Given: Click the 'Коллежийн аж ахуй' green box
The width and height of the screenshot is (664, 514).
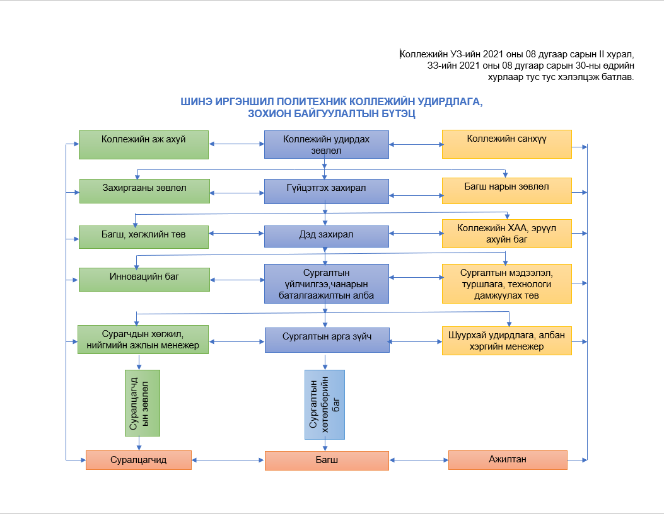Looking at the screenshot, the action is pos(144,145).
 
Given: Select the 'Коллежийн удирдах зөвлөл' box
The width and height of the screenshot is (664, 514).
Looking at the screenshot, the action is pos(327,145).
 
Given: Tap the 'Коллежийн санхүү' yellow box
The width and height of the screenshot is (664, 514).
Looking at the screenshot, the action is pos(507,144).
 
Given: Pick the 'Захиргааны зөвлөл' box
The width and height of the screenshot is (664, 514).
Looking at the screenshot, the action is pos(144,191).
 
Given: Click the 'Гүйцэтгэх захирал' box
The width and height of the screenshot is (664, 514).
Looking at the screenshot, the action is pos(327,191).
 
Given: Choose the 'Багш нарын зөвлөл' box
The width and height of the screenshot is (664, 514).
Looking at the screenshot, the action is pos(507,190).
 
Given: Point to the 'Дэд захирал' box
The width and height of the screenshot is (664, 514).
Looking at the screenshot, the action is pos(327,236).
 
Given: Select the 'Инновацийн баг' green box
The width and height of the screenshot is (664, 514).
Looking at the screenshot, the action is pos(144,279).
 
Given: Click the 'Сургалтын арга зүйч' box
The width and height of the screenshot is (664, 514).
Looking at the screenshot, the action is pos(327,340).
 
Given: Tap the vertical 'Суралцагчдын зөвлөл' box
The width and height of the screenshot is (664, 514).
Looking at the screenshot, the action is pos(143,403).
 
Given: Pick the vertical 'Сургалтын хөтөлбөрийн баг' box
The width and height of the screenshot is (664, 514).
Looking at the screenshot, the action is pos(325,405).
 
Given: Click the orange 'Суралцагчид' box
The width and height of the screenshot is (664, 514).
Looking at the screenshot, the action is pos(139,460).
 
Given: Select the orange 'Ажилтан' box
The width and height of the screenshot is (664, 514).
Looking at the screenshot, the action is pos(508,460).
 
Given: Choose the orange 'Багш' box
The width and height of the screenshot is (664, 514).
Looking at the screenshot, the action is pos(327,460).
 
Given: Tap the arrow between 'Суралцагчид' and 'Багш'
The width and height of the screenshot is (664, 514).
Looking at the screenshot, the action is pos(228,460).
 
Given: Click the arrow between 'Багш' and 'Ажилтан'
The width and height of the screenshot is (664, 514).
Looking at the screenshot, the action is pos(419,460).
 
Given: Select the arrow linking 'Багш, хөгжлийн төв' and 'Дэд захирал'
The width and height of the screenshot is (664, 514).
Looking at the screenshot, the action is pos(236,233).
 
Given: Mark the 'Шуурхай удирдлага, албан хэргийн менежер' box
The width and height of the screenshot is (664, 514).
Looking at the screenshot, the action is pos(507,341).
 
